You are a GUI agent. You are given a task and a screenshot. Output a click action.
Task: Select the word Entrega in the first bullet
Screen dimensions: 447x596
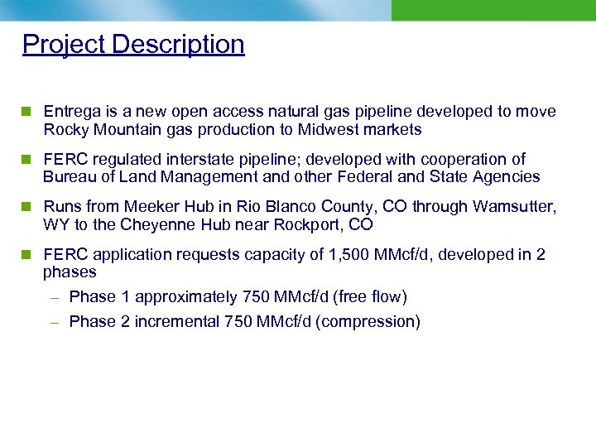click(x=72, y=112)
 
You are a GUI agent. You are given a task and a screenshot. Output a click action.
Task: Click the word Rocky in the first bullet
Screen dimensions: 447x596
click(x=65, y=130)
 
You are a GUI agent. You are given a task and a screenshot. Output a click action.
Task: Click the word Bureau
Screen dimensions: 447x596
click(x=69, y=177)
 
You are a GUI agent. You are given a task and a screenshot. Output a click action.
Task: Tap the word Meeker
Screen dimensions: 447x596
click(x=151, y=207)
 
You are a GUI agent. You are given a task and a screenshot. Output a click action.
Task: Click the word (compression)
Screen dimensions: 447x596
click(x=368, y=322)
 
